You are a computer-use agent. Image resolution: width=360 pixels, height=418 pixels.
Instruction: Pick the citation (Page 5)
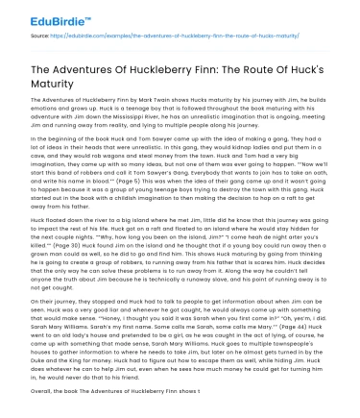tap(121, 209)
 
